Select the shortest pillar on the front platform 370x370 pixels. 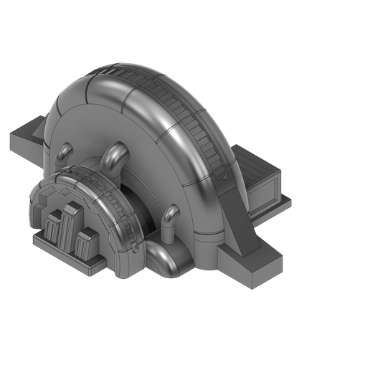pyautogui.click(x=86, y=244)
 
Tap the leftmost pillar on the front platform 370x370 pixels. pyautogui.click(x=54, y=229)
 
